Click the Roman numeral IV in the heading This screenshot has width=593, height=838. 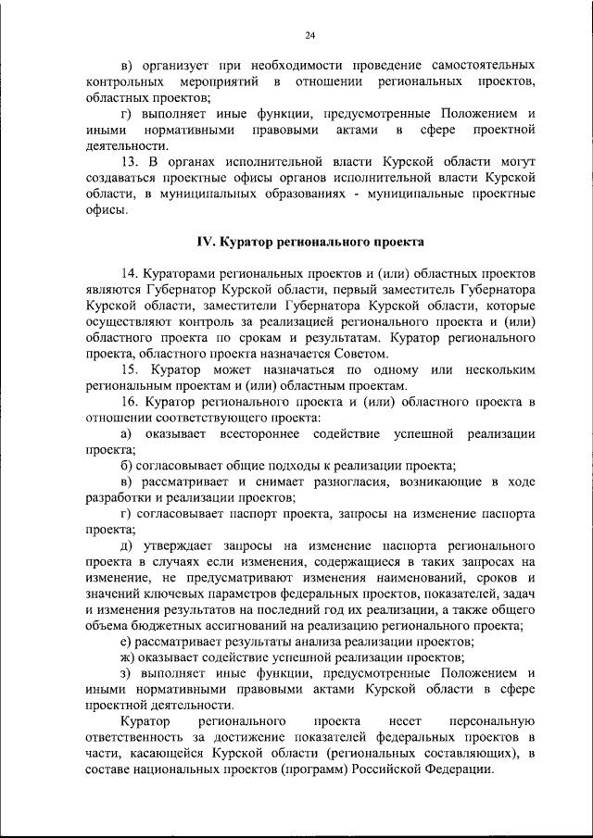click(205, 243)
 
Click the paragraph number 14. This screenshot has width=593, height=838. click(131, 274)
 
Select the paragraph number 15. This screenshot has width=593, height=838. click(131, 370)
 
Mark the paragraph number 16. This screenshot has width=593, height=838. click(131, 402)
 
